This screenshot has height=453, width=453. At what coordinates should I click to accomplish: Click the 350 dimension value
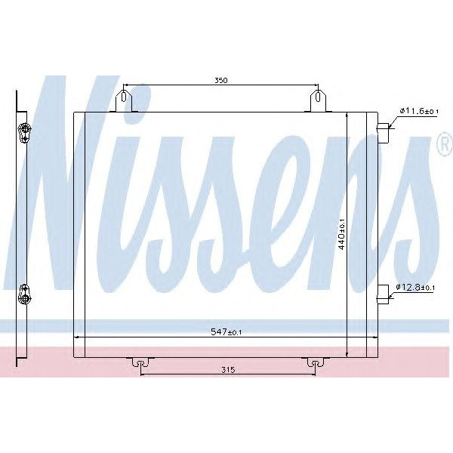pos(220,79)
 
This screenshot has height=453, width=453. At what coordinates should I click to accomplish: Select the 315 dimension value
pos(230,369)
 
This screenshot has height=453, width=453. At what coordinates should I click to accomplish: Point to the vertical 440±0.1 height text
pos(341,233)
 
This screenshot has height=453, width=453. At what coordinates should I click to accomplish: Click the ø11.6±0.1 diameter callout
pos(418,112)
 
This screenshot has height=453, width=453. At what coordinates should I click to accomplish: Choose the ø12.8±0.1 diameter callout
pos(418,288)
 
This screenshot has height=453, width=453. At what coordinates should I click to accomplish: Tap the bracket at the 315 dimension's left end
pos(138,363)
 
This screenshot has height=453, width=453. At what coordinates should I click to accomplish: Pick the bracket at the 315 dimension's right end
pos(311,363)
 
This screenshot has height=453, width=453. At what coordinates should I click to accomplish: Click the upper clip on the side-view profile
pos(24,133)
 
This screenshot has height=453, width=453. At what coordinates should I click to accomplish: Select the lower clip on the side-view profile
pos(24,293)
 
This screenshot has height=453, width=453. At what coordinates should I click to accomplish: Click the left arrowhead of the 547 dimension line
pos(76,337)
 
